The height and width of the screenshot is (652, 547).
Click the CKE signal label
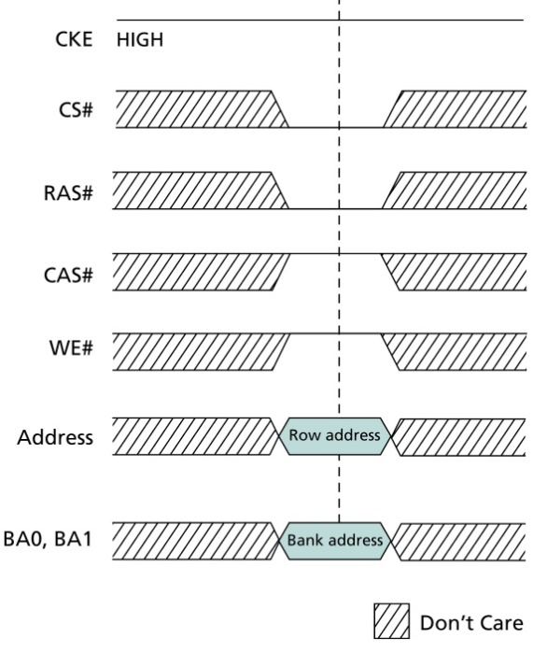click(74, 39)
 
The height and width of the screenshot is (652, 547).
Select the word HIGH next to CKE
click(140, 40)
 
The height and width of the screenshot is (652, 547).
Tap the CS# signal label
click(76, 110)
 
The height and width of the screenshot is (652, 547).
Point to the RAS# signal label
click(68, 193)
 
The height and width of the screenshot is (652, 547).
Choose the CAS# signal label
click(68, 276)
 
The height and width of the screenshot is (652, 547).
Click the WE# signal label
click(71, 347)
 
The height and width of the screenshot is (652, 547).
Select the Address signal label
click(55, 437)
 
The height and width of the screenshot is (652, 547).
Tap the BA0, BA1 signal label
click(48, 539)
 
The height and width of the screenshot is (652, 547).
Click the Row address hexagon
click(334, 436)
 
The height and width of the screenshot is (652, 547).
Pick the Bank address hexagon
click(334, 541)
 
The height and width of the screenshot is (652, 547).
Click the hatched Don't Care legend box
click(391, 621)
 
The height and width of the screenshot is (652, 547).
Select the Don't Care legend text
click(471, 623)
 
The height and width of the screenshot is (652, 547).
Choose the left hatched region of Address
click(193, 436)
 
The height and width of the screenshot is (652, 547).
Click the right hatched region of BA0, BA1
click(459, 542)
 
